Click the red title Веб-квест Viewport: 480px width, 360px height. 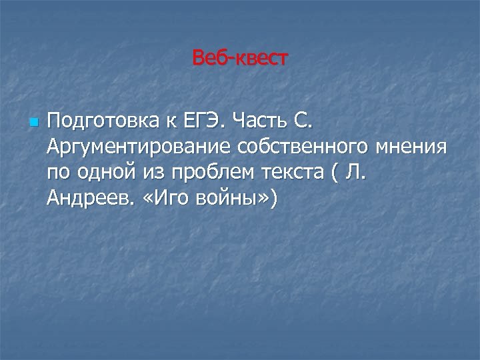[239, 59]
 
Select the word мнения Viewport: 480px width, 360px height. [413, 147]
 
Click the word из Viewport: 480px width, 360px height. [151, 172]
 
